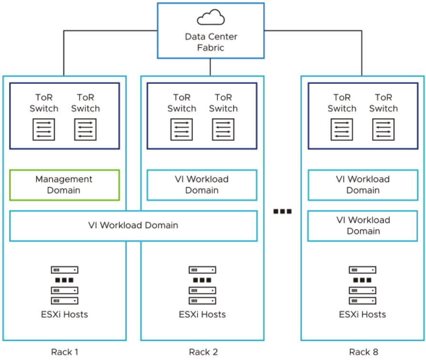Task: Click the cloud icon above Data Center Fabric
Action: tap(210, 18)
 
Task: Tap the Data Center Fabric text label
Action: tap(210, 42)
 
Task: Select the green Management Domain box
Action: tap(64, 185)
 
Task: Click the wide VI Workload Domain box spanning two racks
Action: tap(133, 226)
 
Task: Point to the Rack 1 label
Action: tap(65, 352)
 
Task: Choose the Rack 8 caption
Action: tap(364, 352)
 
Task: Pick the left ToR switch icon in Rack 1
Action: tap(44, 129)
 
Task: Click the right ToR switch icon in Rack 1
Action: tap(85, 129)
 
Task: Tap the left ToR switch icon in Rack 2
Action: tap(181, 129)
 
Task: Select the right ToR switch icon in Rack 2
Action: tap(223, 129)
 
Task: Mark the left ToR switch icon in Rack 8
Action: tap(342, 129)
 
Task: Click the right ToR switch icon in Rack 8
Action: tap(383, 129)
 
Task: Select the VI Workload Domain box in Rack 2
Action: tap(202, 185)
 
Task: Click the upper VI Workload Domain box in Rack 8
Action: tap(363, 185)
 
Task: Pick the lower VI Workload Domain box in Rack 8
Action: tap(363, 226)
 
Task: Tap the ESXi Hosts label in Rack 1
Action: tap(65, 314)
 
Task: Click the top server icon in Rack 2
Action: tap(202, 270)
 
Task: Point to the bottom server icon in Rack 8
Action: tap(362, 301)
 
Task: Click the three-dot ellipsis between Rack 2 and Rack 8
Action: tap(282, 211)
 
